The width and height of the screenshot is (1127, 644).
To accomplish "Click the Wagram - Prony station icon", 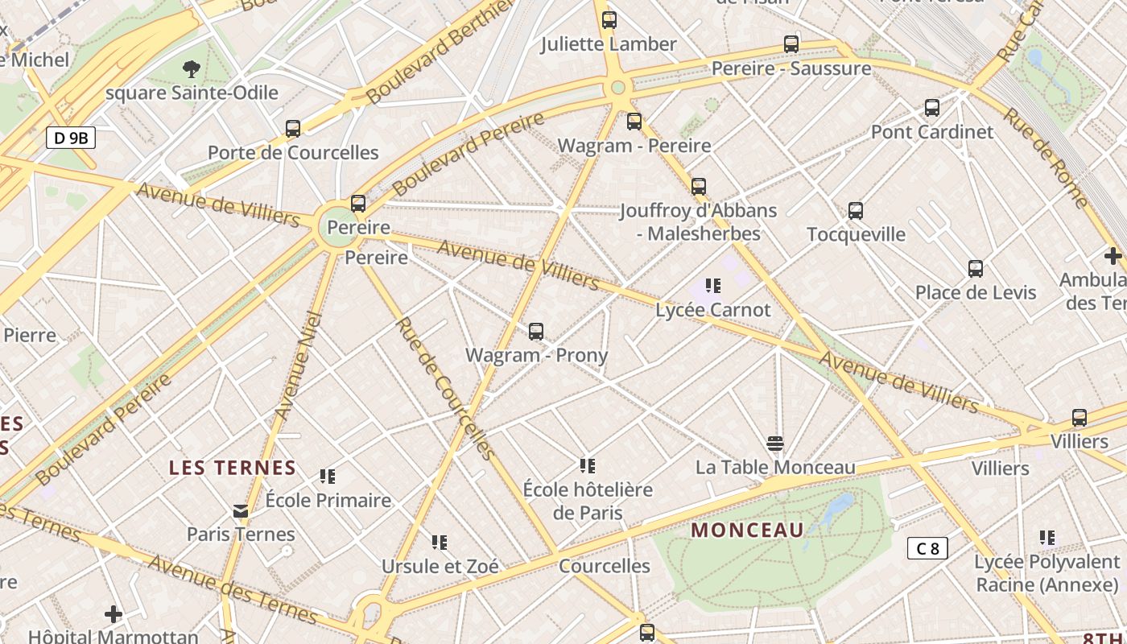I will (x=536, y=331).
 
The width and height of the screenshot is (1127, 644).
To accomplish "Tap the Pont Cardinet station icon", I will (x=932, y=107).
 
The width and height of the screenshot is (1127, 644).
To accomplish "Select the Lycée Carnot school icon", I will (x=712, y=285).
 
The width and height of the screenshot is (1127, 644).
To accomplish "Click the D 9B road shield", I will (x=71, y=138).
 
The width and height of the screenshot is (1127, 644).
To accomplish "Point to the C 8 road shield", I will (x=927, y=548).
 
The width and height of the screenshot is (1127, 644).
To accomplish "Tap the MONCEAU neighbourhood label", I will (x=747, y=530).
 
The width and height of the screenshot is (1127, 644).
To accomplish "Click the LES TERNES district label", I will (x=232, y=468).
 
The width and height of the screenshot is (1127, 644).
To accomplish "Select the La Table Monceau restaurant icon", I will (x=775, y=443).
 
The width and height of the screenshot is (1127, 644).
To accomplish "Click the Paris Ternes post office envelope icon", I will (x=241, y=510).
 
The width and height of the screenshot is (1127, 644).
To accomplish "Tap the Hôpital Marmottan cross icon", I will (x=114, y=614).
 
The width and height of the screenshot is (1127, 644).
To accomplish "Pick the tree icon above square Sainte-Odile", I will (x=192, y=68).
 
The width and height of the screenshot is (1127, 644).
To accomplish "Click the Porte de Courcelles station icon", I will (x=293, y=128).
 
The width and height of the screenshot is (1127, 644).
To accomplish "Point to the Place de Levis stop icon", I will (x=976, y=268).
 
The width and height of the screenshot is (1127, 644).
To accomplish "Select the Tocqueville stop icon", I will (x=856, y=211).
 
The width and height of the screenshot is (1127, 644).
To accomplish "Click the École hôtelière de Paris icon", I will (x=588, y=465).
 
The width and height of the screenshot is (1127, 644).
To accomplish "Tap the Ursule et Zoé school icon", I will (x=440, y=542).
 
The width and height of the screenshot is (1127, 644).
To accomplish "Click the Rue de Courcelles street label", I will (x=445, y=388).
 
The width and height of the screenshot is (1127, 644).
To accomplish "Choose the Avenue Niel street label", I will (x=298, y=365).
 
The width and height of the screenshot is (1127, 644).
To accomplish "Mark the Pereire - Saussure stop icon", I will (x=791, y=44).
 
